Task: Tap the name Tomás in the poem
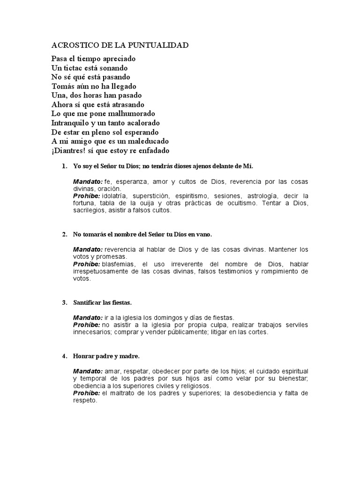pyautogui.click(x=62, y=86)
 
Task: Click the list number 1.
pyautogui.click(x=64, y=166)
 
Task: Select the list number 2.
pyautogui.click(x=64, y=234)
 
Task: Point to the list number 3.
pyautogui.click(x=64, y=302)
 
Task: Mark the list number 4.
pyautogui.click(x=64, y=357)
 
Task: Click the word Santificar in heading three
pyautogui.click(x=87, y=302)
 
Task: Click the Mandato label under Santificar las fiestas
pyautogui.click(x=88, y=317)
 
